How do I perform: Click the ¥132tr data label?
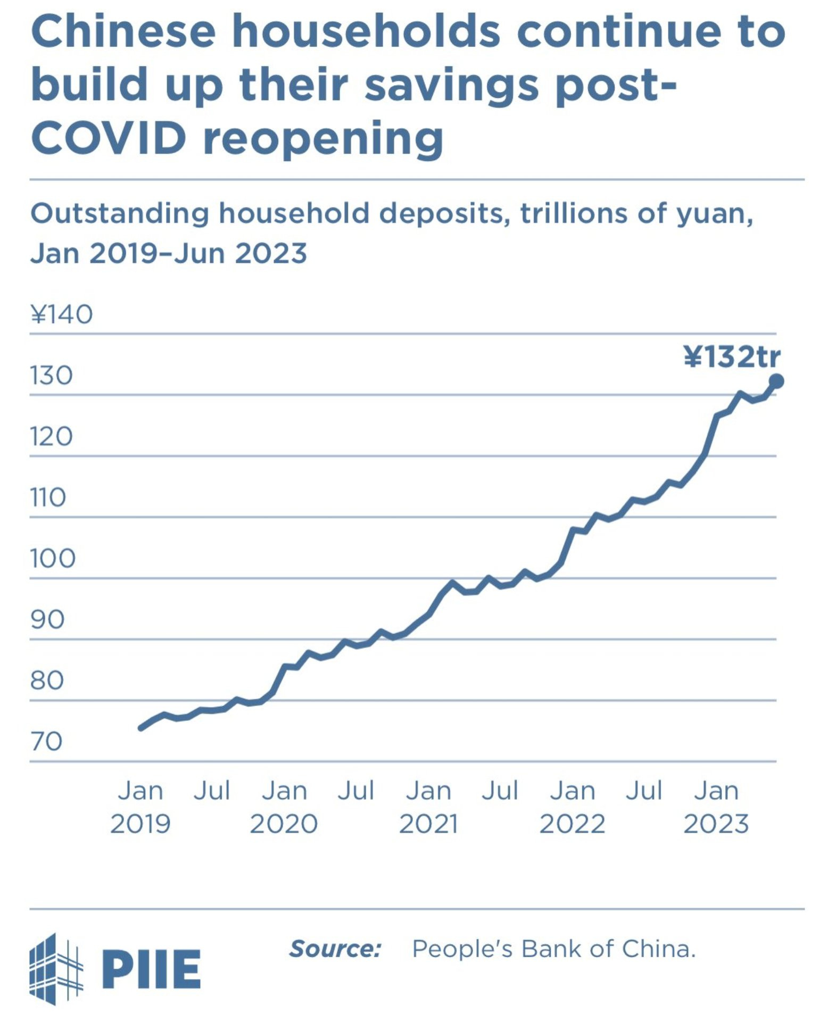coord(732,356)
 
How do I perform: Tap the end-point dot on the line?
coord(776,381)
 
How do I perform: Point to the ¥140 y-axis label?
coord(62,314)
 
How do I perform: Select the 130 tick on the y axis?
coord(51,376)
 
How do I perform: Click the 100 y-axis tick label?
coord(53,559)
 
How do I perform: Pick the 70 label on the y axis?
coord(47,741)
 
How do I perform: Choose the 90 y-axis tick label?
coord(47,619)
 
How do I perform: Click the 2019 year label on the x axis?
coord(140,824)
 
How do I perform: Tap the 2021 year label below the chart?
coord(428,824)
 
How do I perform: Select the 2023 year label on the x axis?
coord(716,824)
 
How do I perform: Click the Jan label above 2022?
coord(573,791)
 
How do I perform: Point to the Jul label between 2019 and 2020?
coord(212,791)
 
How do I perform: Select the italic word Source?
coord(335,949)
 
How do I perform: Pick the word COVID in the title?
coord(109,137)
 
